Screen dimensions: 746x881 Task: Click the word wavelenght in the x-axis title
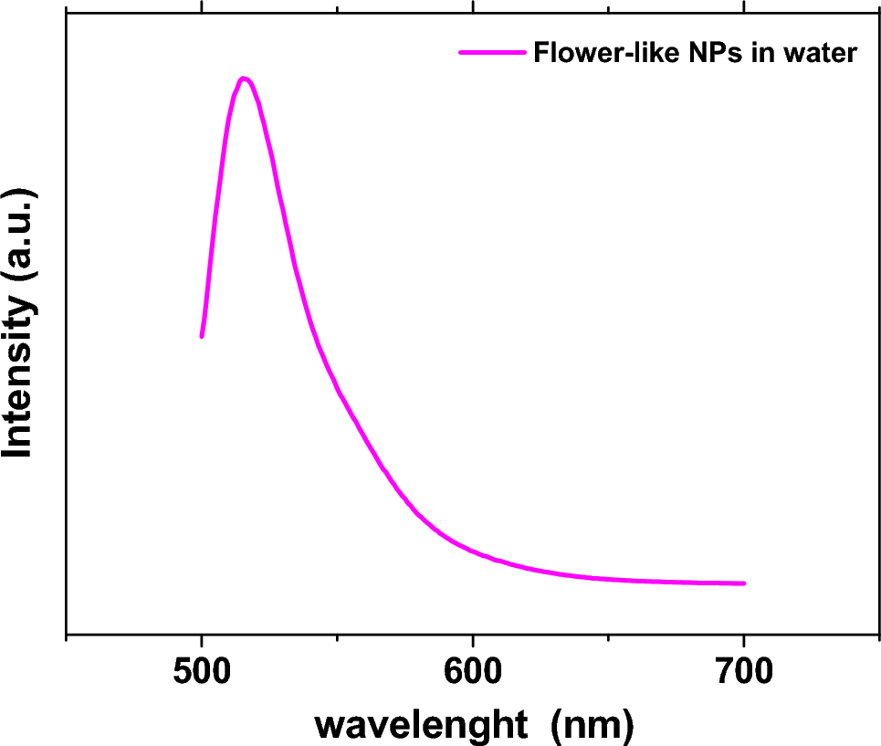coord(422,725)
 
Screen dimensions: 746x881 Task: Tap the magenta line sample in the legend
coord(493,53)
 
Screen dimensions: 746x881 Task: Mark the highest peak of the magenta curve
coord(243,79)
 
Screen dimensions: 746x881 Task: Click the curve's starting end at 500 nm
coord(202,336)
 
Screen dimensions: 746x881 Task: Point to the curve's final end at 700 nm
coord(744,583)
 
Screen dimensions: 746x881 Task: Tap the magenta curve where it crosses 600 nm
coord(473,550)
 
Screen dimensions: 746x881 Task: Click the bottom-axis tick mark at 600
coord(473,641)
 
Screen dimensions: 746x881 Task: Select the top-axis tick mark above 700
coord(744,6)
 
